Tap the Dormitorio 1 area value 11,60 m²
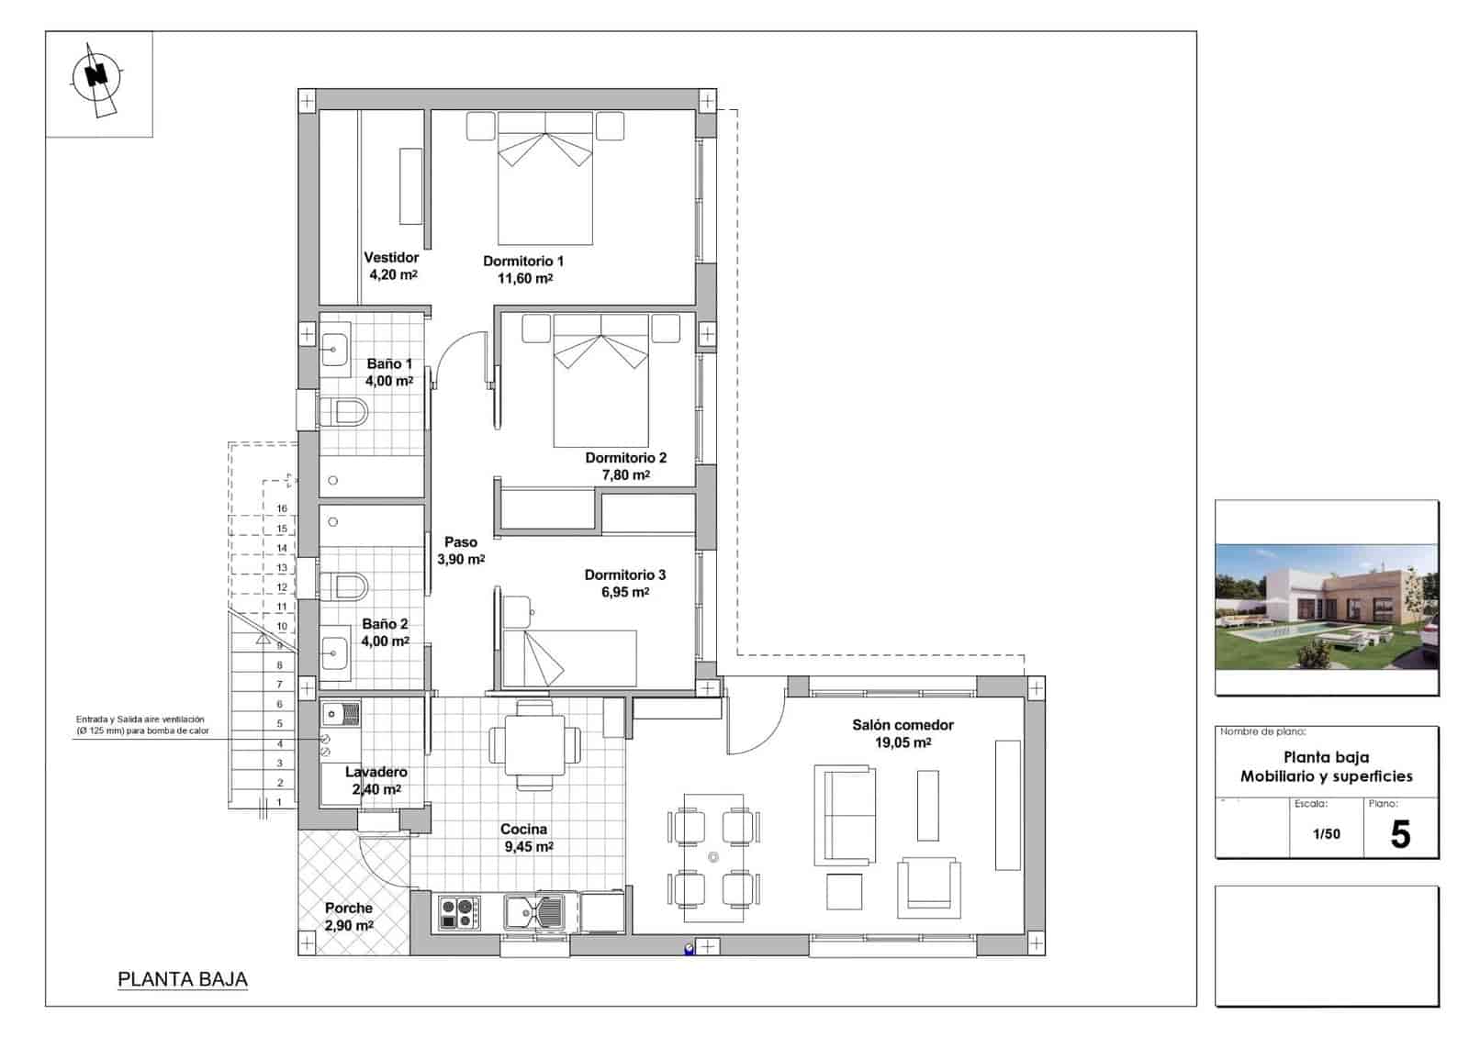click(x=524, y=278)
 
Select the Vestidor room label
click(x=391, y=258)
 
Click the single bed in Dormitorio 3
click(x=570, y=657)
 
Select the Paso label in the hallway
click(x=461, y=542)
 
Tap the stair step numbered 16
click(x=282, y=508)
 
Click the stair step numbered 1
click(x=280, y=801)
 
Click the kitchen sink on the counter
click(x=535, y=912)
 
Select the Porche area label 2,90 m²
click(x=349, y=926)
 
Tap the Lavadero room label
click(x=376, y=773)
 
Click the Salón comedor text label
click(x=903, y=725)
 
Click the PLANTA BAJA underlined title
click(x=183, y=979)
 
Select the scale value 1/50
click(x=1326, y=834)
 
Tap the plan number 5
click(x=1400, y=834)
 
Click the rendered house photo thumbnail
click(x=1326, y=607)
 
